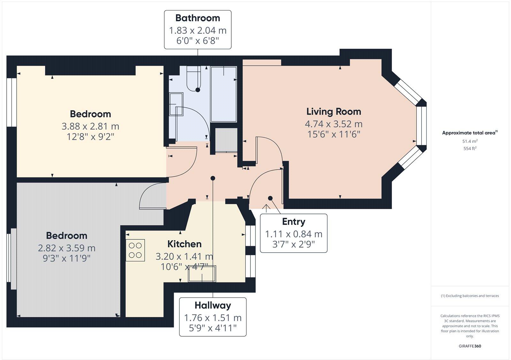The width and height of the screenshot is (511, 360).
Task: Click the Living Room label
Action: pos(334,112)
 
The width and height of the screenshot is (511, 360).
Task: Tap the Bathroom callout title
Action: pos(197,18)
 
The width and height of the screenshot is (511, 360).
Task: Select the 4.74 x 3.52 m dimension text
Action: pos(334,124)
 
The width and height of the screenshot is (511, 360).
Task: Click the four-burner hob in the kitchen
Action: pos(135,250)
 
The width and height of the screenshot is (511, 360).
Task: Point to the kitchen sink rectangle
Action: pos(202,274)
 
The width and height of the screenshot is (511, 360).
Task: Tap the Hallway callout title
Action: pos(213,305)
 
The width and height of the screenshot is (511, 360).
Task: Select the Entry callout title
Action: pos(294,221)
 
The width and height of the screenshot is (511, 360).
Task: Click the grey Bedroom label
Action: pos(66,236)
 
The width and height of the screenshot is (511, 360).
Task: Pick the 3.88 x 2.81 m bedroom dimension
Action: pos(90,126)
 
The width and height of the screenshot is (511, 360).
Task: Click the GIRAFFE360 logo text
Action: pos(470,346)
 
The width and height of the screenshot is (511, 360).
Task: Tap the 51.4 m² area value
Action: pos(470,141)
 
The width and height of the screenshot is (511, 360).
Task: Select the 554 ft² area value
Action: pos(470,148)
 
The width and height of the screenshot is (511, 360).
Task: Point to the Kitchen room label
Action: pos(184,244)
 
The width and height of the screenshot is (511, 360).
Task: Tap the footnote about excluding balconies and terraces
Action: pos(470,296)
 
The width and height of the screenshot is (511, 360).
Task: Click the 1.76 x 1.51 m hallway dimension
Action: pos(213,318)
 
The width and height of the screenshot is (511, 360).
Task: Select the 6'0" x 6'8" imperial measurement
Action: pos(197,41)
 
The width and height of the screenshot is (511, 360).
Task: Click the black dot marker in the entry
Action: pos(270,198)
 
